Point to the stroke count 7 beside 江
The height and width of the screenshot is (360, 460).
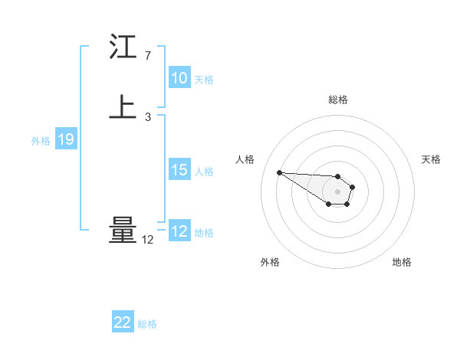tap(147, 56)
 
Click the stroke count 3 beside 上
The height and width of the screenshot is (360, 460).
tap(147, 117)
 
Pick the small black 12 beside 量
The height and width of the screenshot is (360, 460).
tap(147, 240)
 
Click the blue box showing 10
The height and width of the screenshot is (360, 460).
tap(179, 78)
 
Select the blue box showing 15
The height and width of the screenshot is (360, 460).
tap(179, 170)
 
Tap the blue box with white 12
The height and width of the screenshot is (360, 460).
tap(179, 231)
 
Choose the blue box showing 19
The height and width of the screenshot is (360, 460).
tap(65, 139)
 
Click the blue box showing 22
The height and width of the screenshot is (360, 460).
tap(123, 322)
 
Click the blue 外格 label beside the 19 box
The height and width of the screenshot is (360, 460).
tap(41, 140)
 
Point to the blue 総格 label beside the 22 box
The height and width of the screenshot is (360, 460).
tap(147, 324)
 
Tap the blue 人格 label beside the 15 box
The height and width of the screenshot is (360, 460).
tap(205, 171)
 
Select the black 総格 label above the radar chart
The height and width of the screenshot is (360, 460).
tap(338, 100)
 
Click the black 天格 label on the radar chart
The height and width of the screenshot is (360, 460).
tap(431, 159)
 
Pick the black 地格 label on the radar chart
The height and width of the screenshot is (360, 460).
tap(402, 262)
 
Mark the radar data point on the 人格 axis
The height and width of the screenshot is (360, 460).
tap(279, 172)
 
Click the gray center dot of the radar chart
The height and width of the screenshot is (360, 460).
tap(337, 191)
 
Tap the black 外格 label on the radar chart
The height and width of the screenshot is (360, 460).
tap(270, 262)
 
